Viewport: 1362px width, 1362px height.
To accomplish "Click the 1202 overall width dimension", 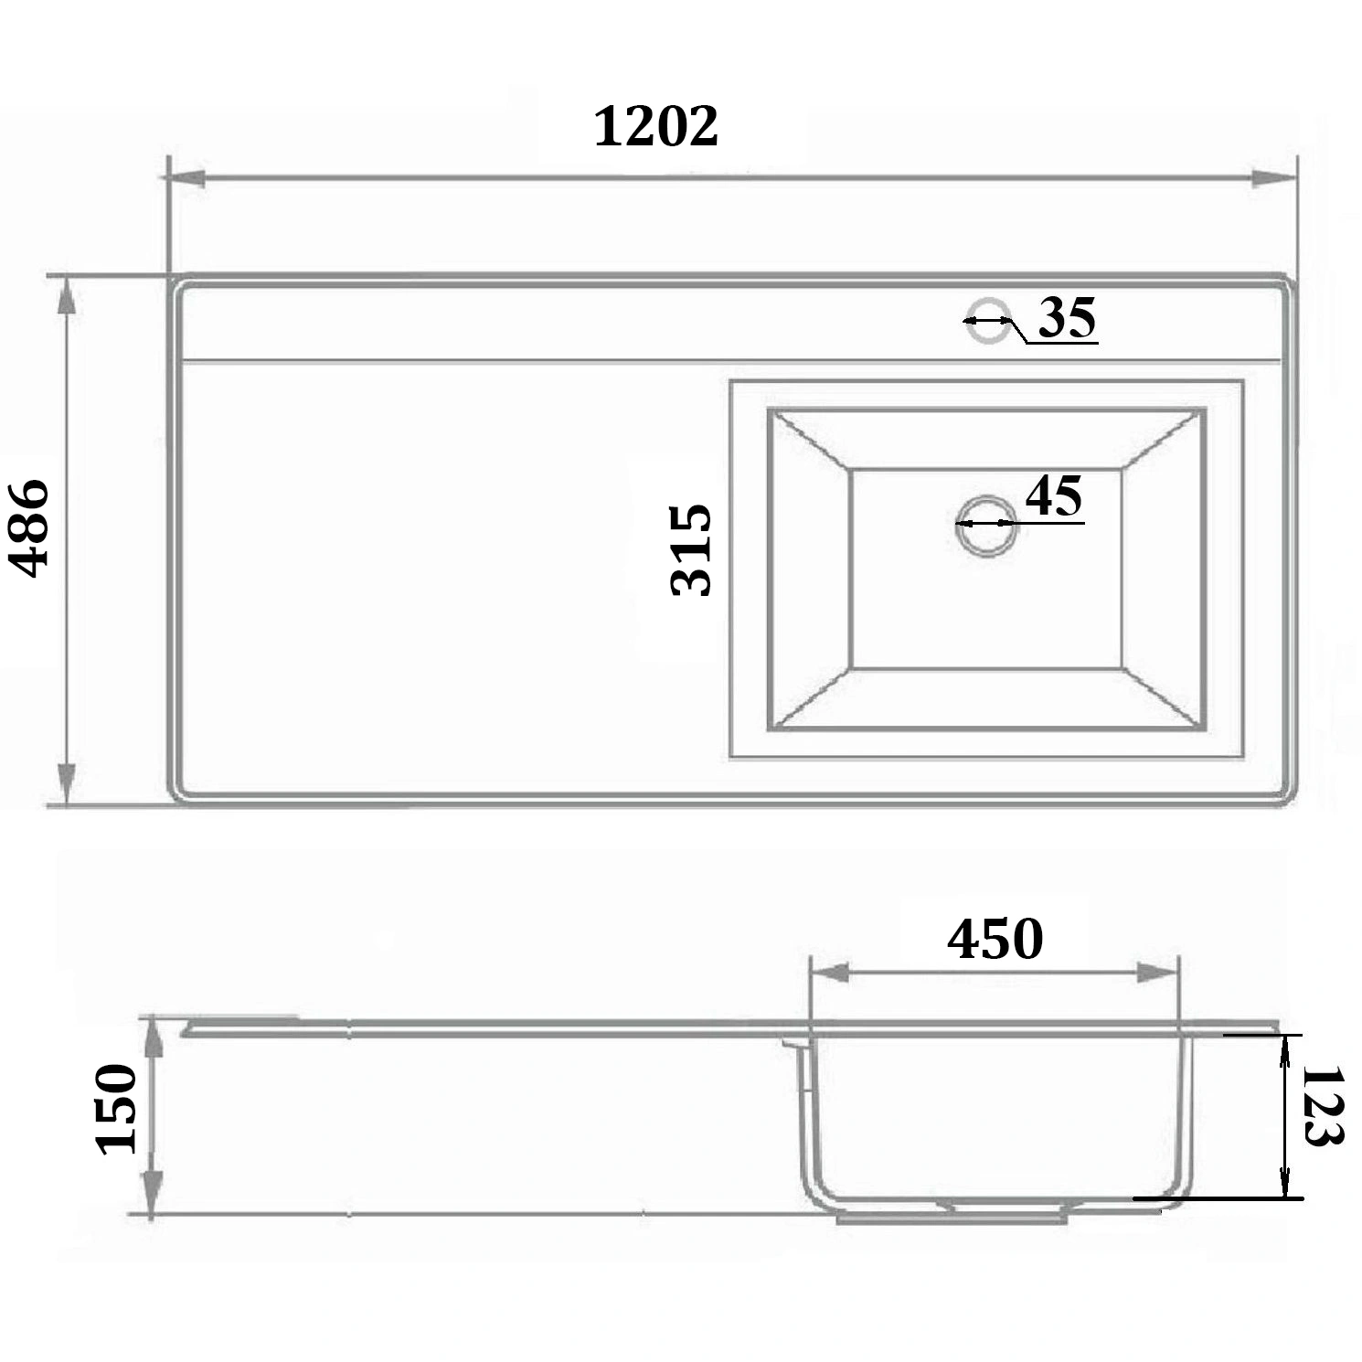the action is [x=656, y=126].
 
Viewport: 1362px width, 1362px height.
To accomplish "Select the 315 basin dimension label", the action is [x=691, y=549].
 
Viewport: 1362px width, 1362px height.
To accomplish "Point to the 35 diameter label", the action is [x=1067, y=318].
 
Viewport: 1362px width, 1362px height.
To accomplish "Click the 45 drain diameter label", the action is [x=1054, y=496].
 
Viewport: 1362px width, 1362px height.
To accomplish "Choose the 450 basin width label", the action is [x=995, y=939].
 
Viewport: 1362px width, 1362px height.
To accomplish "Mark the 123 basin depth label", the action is [x=1322, y=1106].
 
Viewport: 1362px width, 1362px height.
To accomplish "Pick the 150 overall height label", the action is [x=116, y=1109].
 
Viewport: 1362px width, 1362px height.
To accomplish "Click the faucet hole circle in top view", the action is [x=988, y=321].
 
